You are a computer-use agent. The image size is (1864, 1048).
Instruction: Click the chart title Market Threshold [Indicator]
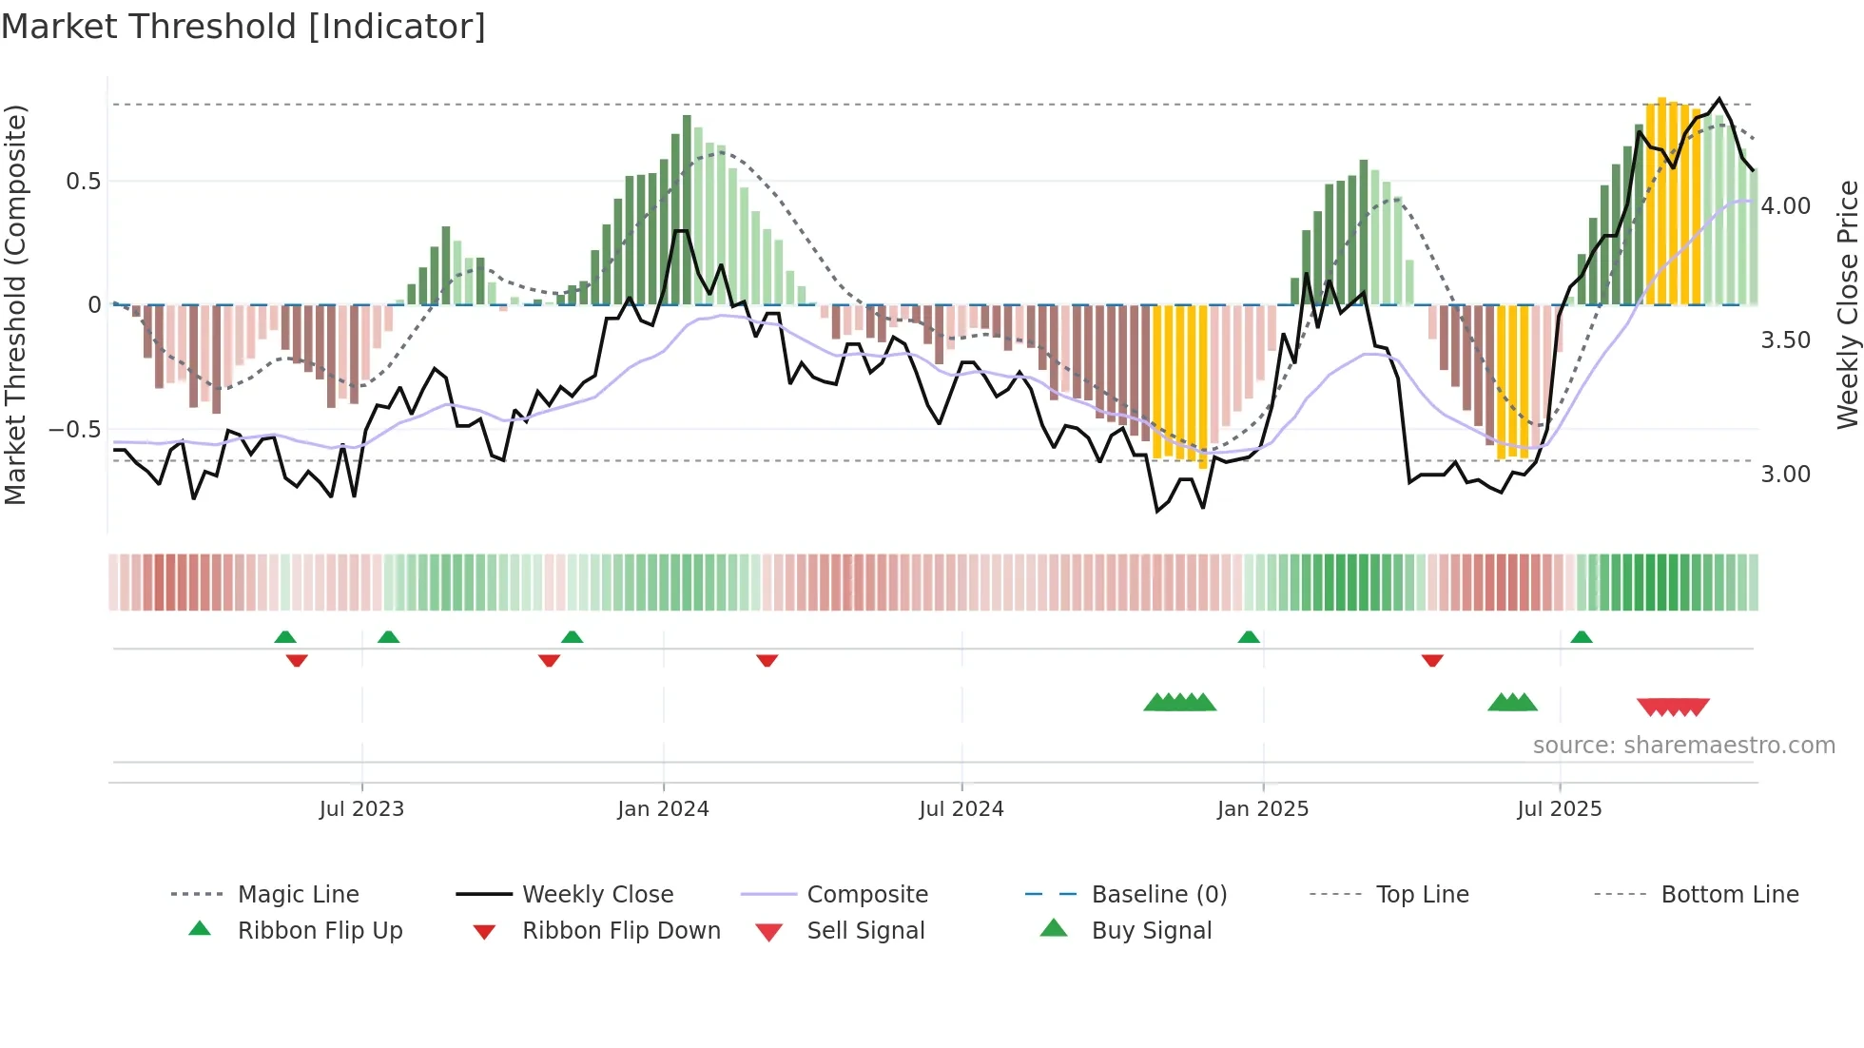click(243, 27)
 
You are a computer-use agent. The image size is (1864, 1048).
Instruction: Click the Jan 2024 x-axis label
click(663, 809)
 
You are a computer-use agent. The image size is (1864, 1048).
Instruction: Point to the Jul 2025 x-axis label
click(1559, 809)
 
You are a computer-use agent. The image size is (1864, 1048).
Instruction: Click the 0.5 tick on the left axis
click(83, 182)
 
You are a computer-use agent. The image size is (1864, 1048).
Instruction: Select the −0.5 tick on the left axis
click(75, 430)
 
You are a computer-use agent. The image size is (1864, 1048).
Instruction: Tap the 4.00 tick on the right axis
click(1785, 206)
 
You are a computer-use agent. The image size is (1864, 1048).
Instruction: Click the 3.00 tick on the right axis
click(1785, 475)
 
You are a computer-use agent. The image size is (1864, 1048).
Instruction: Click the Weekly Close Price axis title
click(1846, 304)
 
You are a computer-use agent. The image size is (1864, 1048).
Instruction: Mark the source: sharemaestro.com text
click(1683, 746)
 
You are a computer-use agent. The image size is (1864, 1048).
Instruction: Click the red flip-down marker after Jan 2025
click(1432, 660)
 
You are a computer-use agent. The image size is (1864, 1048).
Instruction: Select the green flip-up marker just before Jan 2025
click(1249, 637)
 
